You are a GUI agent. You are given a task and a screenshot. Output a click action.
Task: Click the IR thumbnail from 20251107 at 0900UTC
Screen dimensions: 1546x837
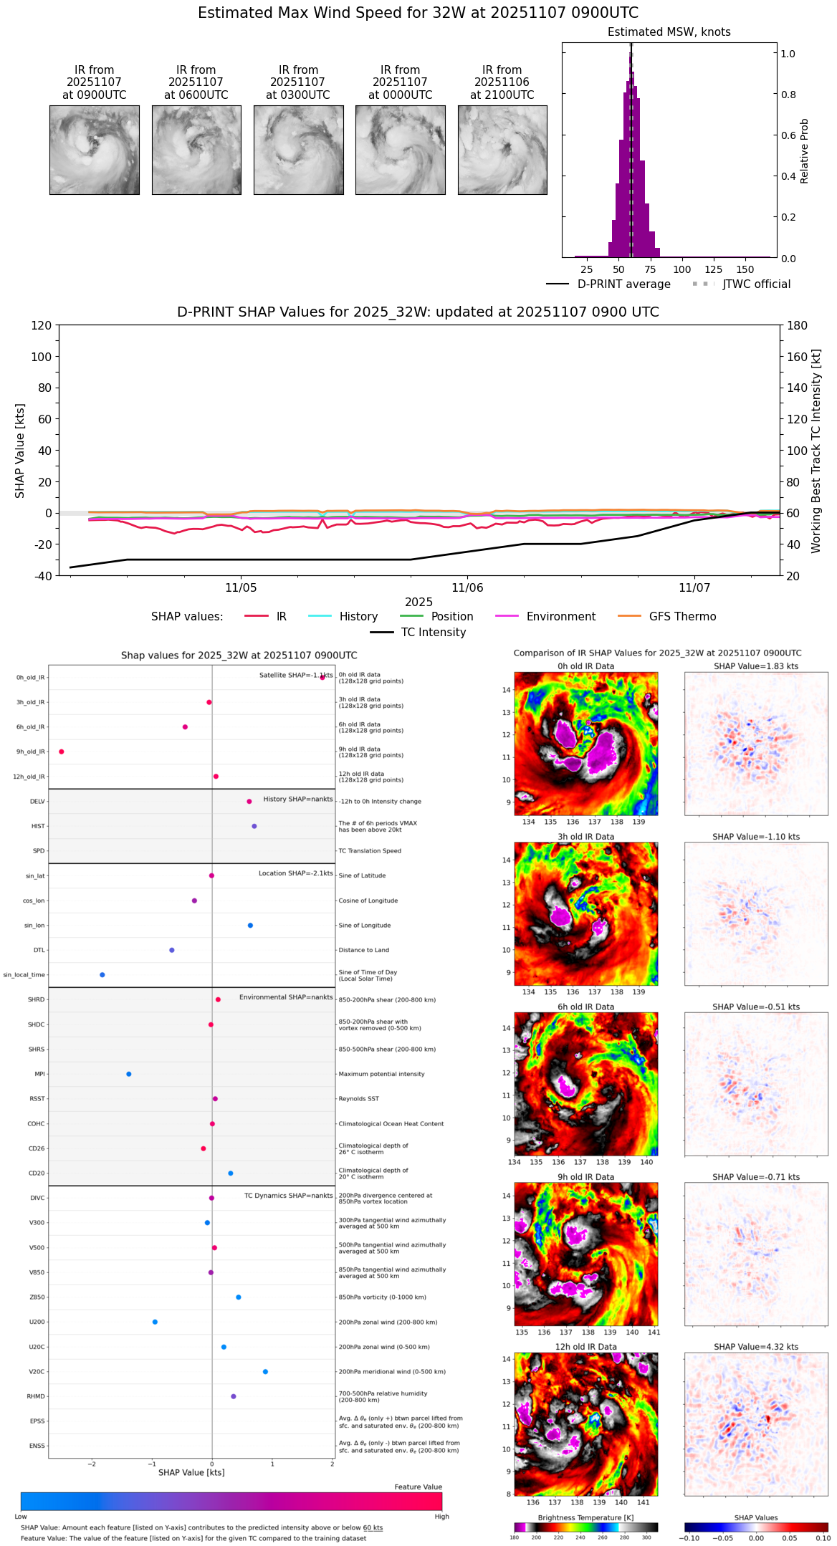[94, 150]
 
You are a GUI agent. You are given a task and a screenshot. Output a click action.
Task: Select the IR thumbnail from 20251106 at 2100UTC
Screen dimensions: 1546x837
[502, 150]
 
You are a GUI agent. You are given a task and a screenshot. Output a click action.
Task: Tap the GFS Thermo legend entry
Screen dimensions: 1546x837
[681, 617]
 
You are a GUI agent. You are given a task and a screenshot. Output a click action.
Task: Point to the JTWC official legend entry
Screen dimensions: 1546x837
[756, 284]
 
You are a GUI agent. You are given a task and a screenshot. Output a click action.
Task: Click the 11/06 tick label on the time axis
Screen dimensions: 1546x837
[467, 588]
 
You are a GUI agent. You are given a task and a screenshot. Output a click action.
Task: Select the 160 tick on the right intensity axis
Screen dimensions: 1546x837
[798, 357]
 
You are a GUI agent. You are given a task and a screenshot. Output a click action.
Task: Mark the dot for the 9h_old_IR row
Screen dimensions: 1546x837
[62, 752]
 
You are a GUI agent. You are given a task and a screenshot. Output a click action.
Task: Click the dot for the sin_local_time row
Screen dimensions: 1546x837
[102, 975]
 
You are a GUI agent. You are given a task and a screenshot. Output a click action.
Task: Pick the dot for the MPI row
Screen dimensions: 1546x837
[129, 1074]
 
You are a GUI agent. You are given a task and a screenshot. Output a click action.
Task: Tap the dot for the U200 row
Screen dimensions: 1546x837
[155, 1322]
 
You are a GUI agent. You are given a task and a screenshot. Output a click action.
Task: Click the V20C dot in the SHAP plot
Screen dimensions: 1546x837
[265, 1372]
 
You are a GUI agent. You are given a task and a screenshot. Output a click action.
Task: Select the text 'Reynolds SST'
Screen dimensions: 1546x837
[358, 1099]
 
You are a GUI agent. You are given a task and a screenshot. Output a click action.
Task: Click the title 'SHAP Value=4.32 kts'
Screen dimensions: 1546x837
[755, 1347]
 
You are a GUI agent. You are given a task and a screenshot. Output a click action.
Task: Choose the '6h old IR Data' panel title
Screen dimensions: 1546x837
[585, 1007]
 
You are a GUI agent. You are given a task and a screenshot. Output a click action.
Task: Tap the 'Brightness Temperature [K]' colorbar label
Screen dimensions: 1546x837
[585, 1518]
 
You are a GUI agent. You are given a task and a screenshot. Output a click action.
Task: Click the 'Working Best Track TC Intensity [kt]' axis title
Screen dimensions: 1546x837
[816, 451]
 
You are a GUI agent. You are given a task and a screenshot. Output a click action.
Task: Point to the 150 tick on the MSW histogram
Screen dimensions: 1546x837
[745, 270]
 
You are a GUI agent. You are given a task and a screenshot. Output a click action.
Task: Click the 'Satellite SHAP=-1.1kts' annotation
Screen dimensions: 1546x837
[295, 676]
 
